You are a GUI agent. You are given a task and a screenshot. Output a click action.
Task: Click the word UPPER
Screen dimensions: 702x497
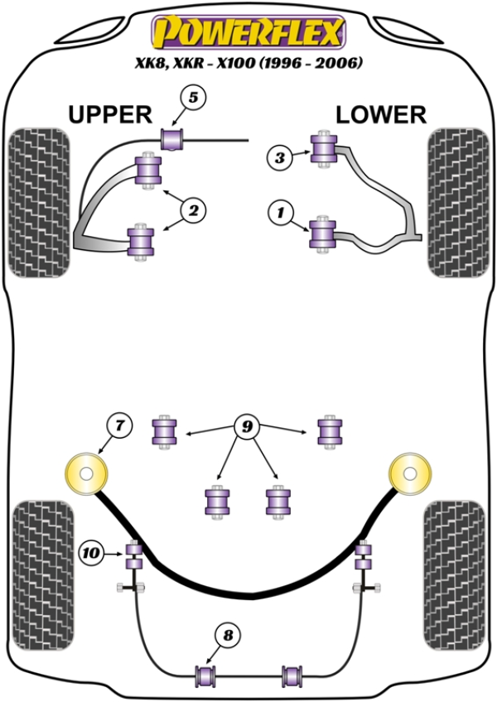pyautogui.click(x=109, y=114)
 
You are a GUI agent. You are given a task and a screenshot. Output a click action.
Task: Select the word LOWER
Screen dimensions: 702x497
pyautogui.click(x=381, y=114)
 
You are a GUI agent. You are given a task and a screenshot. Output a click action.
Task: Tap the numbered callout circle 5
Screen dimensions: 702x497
pyautogui.click(x=193, y=99)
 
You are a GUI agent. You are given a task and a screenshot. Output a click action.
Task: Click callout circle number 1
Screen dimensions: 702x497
pyautogui.click(x=280, y=215)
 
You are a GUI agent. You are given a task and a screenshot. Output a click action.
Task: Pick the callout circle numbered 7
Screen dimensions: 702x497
pyautogui.click(x=118, y=426)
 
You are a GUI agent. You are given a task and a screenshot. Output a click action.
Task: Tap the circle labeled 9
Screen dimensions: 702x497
pyautogui.click(x=246, y=428)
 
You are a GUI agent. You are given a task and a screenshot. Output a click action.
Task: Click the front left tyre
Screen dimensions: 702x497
pyautogui.click(x=36, y=203)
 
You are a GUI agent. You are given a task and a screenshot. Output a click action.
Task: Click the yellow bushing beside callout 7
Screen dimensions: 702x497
pyautogui.click(x=86, y=477)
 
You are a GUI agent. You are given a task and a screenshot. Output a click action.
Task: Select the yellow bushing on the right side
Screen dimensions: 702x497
pyautogui.click(x=411, y=477)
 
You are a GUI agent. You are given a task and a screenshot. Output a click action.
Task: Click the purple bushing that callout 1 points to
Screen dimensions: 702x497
pyautogui.click(x=321, y=232)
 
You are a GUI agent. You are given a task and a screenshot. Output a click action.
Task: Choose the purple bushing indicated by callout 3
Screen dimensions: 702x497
pyautogui.click(x=321, y=148)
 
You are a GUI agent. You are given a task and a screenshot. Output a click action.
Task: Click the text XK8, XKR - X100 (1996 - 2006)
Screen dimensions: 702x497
pyautogui.click(x=248, y=63)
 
